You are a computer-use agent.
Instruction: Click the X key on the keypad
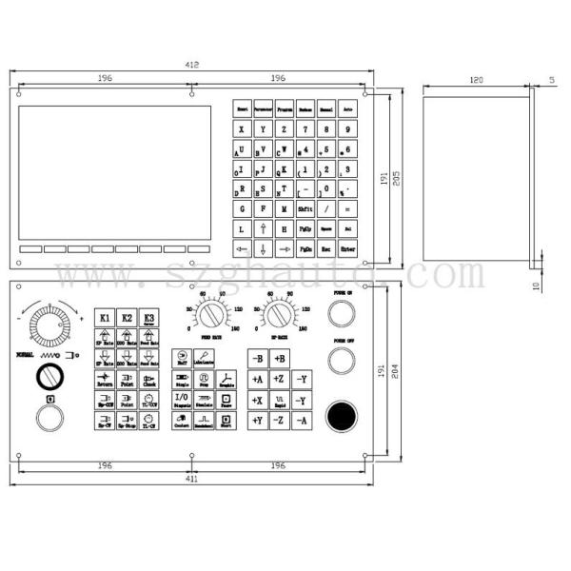(242, 128)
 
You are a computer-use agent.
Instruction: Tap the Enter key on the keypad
(349, 249)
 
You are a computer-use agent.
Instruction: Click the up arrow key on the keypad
(263, 229)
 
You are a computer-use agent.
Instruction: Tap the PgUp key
(305, 229)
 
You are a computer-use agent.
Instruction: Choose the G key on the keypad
(242, 208)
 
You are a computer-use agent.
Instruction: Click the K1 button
(105, 317)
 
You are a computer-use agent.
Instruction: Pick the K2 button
(127, 317)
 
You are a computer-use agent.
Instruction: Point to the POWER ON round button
(342, 313)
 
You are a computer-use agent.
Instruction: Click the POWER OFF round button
(342, 359)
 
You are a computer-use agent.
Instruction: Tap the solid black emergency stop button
(341, 415)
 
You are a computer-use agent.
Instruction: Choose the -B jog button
(258, 358)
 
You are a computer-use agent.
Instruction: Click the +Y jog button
(258, 420)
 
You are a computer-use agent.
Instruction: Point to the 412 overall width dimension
(191, 65)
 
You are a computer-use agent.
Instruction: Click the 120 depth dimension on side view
(475, 80)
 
